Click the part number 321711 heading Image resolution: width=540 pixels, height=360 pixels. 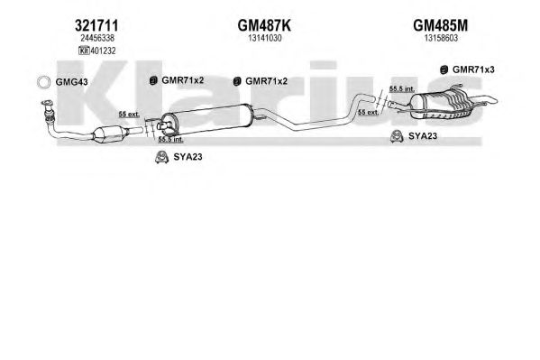tap(96, 25)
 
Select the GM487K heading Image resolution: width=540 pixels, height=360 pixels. tap(264, 25)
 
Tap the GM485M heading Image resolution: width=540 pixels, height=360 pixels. tap(441, 25)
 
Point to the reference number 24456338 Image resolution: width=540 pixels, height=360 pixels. tap(97, 38)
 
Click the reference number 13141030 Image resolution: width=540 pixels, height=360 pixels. tap(265, 38)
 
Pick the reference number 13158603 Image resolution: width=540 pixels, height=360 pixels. tap(441, 38)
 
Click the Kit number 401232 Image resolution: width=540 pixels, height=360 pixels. tap(103, 51)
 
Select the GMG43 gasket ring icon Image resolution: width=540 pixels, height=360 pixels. tap(44, 82)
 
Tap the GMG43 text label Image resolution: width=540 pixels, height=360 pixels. tap(71, 82)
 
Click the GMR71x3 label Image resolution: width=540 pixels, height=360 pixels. tap(473, 69)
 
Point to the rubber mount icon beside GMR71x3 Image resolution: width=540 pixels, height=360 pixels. tap(444, 70)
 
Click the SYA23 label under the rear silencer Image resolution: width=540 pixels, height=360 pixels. tap(423, 136)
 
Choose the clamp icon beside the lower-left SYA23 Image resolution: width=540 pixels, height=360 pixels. tap(161, 157)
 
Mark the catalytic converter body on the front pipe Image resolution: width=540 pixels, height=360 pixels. tap(108, 134)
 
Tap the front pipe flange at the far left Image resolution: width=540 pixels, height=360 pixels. tap(47, 103)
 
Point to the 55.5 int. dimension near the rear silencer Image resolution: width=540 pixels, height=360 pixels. tap(402, 88)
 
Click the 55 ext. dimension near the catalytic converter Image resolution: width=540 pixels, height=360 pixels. tap(129, 115)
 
